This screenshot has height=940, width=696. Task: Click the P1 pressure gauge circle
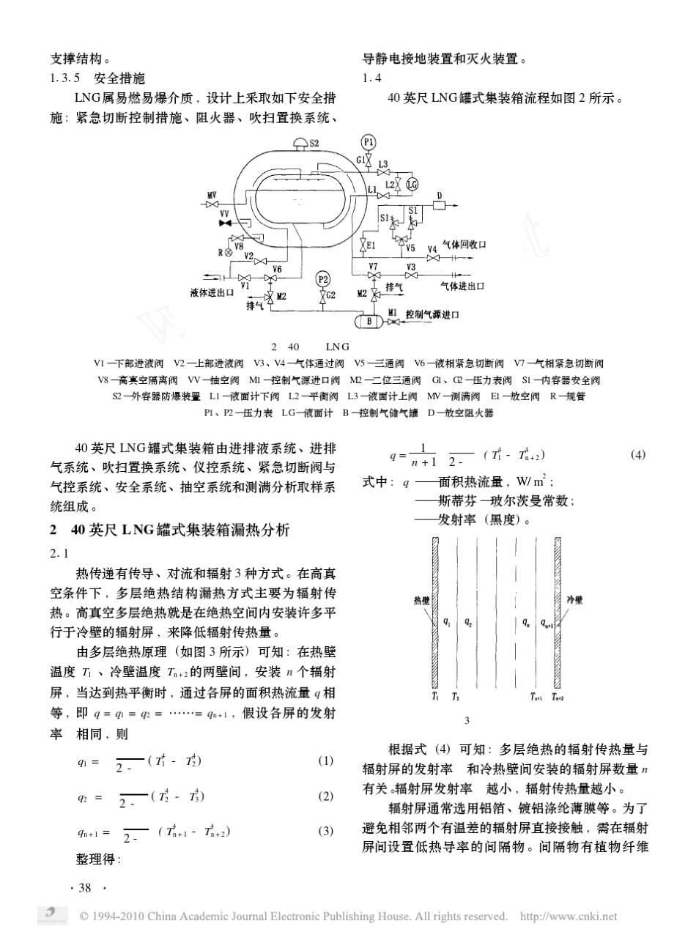[x=368, y=142]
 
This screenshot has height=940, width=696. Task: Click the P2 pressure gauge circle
[x=322, y=279]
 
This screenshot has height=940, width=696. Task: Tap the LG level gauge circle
[x=412, y=185]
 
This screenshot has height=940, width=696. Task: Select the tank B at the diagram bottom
[x=369, y=321]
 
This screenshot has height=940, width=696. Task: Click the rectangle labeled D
[x=440, y=206]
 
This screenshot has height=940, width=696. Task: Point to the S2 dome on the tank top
[x=300, y=144]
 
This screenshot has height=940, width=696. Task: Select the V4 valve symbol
[x=432, y=257]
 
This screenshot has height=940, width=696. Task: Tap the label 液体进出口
[x=210, y=293]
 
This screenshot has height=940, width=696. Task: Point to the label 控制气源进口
[x=432, y=315]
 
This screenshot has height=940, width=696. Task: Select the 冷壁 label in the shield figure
[x=575, y=599]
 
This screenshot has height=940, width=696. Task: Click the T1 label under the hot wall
[x=435, y=697]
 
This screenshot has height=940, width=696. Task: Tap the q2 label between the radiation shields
[x=468, y=622]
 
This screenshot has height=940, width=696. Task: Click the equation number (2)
[x=325, y=796]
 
